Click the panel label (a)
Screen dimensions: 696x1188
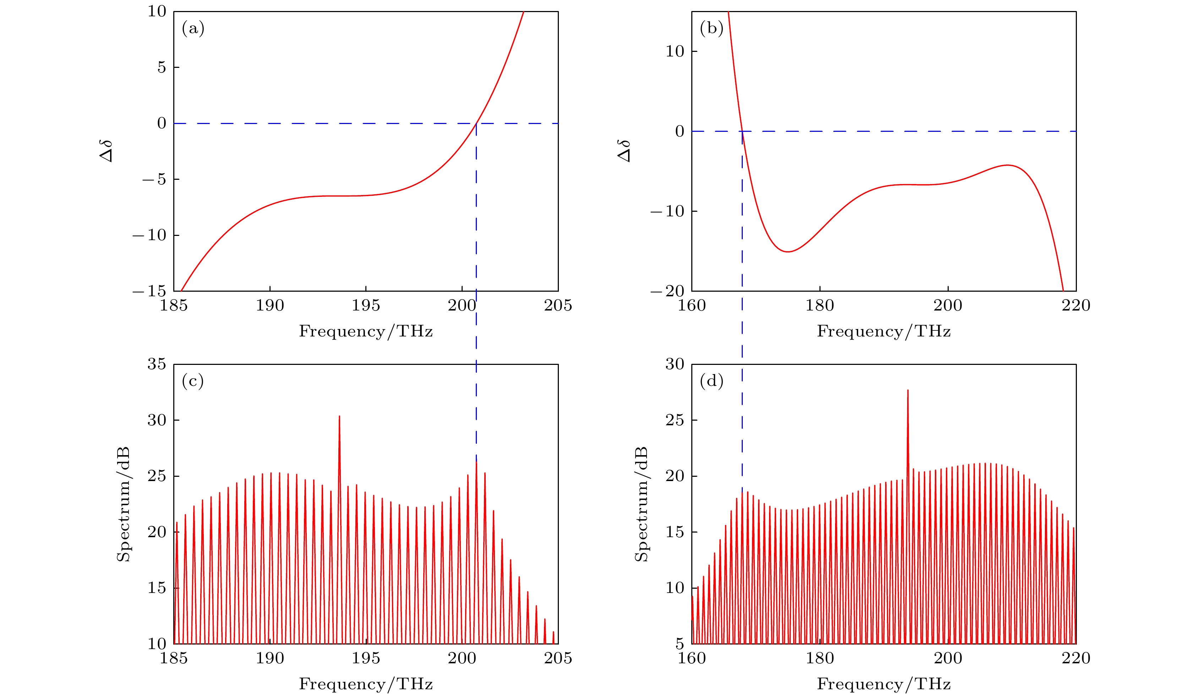click(x=193, y=29)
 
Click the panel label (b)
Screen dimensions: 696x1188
click(x=712, y=29)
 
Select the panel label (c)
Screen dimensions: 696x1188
click(x=193, y=381)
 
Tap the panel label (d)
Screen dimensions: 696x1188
click(x=712, y=381)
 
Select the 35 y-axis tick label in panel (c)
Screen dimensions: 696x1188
click(x=157, y=364)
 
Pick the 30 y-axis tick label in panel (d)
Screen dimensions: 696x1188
click(x=675, y=364)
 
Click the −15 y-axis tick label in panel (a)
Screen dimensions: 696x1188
click(x=150, y=291)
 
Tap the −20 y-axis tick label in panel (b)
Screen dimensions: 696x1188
click(x=667, y=291)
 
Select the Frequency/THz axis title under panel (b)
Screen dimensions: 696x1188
click(x=884, y=331)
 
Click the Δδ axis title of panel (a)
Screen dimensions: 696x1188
click(x=107, y=151)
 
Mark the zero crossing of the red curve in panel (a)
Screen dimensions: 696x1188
click(x=476, y=124)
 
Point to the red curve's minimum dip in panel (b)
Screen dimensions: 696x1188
click(x=788, y=252)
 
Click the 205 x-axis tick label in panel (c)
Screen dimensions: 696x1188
click(x=558, y=658)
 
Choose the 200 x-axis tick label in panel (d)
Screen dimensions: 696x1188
click(x=948, y=658)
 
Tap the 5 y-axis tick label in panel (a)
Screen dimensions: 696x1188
click(x=162, y=68)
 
